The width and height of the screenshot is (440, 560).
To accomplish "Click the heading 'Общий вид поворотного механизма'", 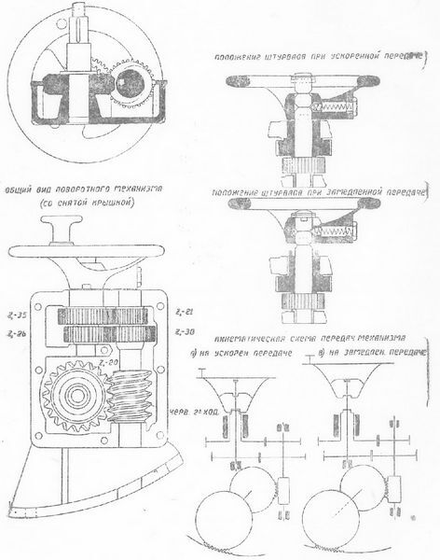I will [83, 188].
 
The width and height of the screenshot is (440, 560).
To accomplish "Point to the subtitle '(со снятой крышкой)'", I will [82, 202].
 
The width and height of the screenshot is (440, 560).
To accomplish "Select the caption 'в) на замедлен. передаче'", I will [370, 355].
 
